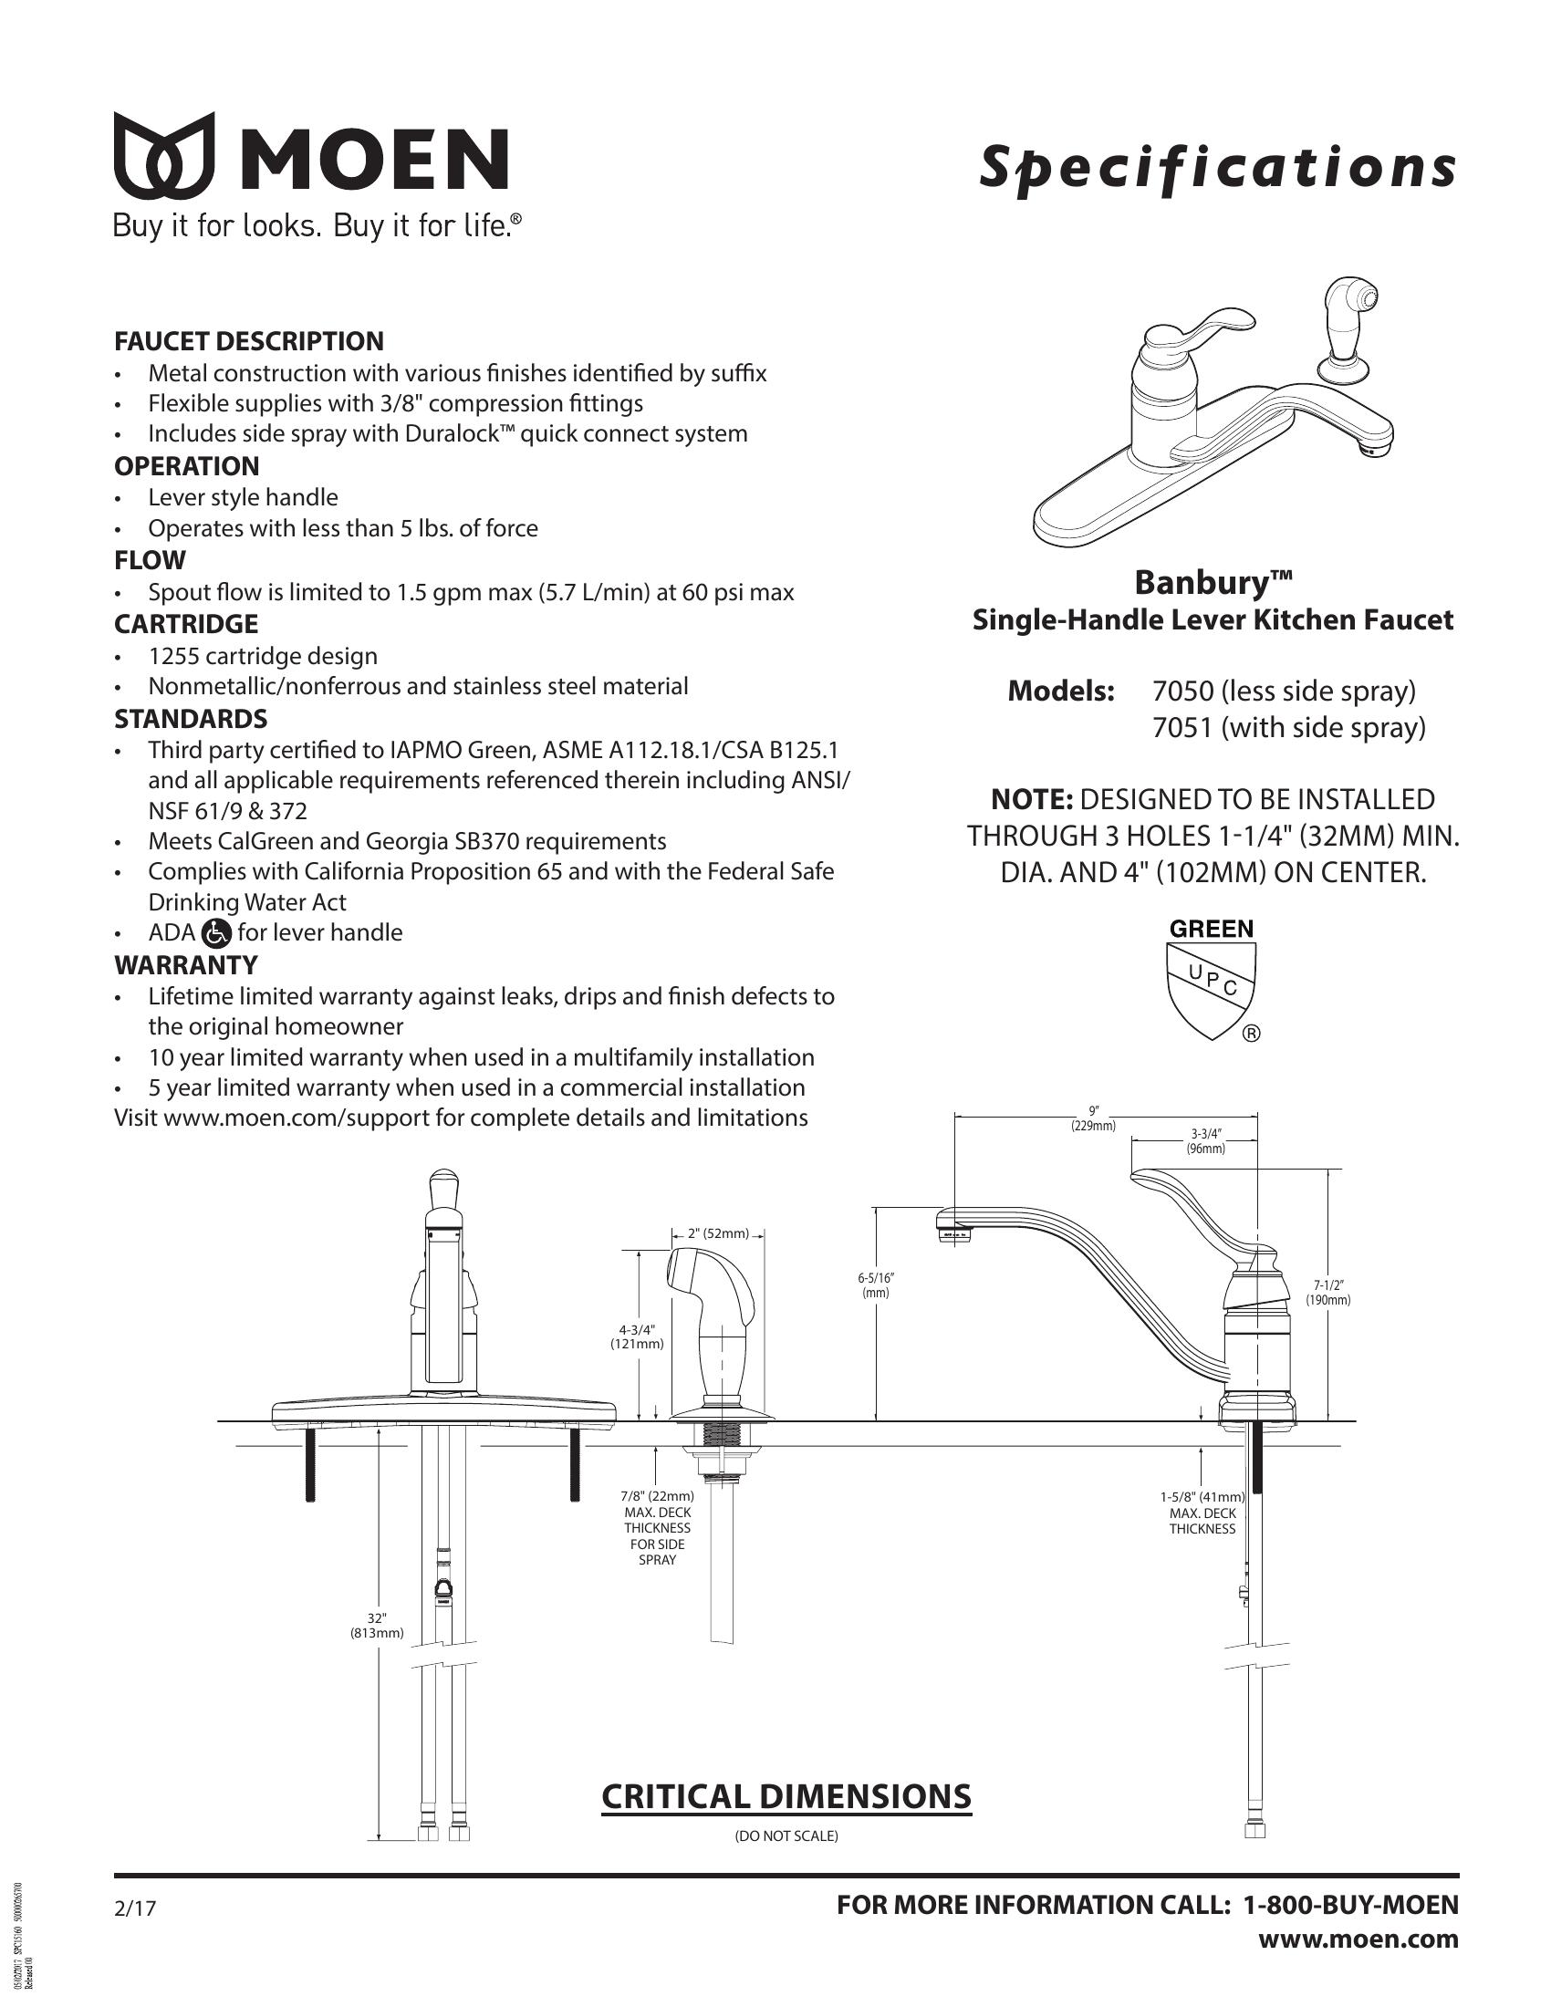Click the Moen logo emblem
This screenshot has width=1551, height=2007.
163,156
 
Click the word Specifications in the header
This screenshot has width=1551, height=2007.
1216,168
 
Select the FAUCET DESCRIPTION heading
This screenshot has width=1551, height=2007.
249,342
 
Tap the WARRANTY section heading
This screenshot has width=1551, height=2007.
185,965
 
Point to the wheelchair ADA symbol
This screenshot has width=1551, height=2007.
216,933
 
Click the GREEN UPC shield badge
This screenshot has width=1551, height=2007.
1211,980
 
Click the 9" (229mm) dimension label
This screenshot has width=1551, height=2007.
1092,1118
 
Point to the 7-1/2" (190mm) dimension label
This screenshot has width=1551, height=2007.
1327,1292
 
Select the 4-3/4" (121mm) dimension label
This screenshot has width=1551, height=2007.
637,1336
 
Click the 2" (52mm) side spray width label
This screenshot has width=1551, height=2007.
719,1233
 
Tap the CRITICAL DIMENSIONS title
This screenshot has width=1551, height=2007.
786,1796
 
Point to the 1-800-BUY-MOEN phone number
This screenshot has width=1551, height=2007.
1350,1905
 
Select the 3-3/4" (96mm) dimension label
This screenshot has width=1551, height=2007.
1205,1141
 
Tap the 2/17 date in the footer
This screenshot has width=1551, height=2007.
135,1908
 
